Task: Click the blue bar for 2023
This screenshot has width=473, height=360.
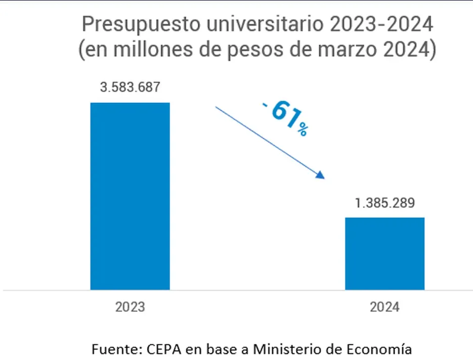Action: [130, 196]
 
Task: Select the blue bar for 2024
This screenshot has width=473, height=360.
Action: [384, 253]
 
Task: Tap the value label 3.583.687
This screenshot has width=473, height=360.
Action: [130, 87]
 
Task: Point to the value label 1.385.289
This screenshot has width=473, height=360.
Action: [384, 203]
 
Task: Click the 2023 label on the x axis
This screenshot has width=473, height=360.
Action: [130, 307]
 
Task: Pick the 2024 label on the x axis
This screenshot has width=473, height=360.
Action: [384, 307]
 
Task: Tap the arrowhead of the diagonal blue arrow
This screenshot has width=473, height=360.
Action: [320, 175]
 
